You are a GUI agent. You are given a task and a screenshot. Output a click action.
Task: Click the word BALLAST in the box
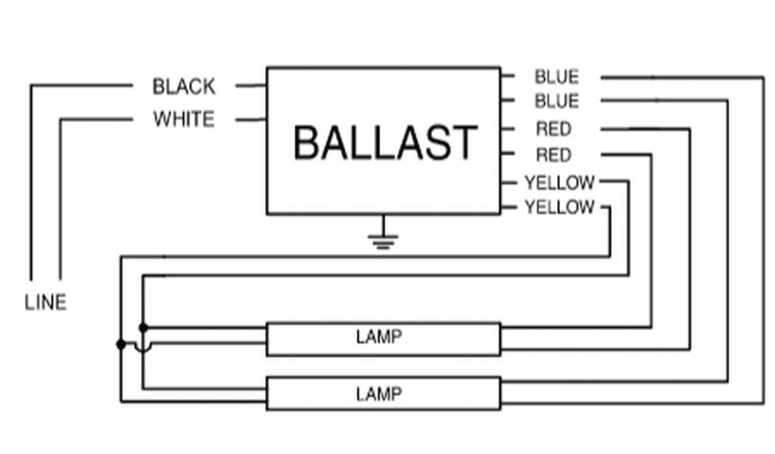click(384, 142)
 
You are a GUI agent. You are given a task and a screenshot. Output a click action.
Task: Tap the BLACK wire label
click(184, 86)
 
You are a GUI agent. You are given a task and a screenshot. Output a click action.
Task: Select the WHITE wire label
click(184, 120)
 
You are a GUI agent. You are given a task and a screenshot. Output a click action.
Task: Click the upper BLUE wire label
click(556, 76)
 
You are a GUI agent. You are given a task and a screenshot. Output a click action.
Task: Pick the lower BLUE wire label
click(556, 101)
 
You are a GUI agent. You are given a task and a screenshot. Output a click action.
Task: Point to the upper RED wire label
click(553, 129)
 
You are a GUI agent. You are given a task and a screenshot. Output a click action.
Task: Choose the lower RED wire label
click(553, 155)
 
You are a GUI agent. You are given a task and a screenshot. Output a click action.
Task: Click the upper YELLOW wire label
click(559, 182)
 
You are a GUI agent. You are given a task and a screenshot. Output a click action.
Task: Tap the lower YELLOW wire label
click(559, 207)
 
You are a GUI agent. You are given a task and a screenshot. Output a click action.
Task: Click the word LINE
click(45, 302)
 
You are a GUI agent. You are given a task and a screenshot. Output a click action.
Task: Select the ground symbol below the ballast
click(383, 241)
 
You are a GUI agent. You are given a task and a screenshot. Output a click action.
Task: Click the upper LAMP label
click(378, 337)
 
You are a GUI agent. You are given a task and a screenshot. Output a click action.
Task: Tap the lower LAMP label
click(378, 393)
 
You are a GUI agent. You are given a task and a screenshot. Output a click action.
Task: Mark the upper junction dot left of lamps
click(143, 327)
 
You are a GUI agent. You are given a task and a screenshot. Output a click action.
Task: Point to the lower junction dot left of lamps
click(121, 344)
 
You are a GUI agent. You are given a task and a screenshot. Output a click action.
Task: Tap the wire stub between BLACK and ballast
click(251, 86)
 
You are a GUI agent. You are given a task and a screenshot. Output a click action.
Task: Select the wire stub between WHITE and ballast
click(251, 120)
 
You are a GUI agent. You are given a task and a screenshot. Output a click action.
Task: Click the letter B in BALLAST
click(307, 142)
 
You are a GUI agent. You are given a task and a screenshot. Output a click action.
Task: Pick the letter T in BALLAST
click(463, 142)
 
